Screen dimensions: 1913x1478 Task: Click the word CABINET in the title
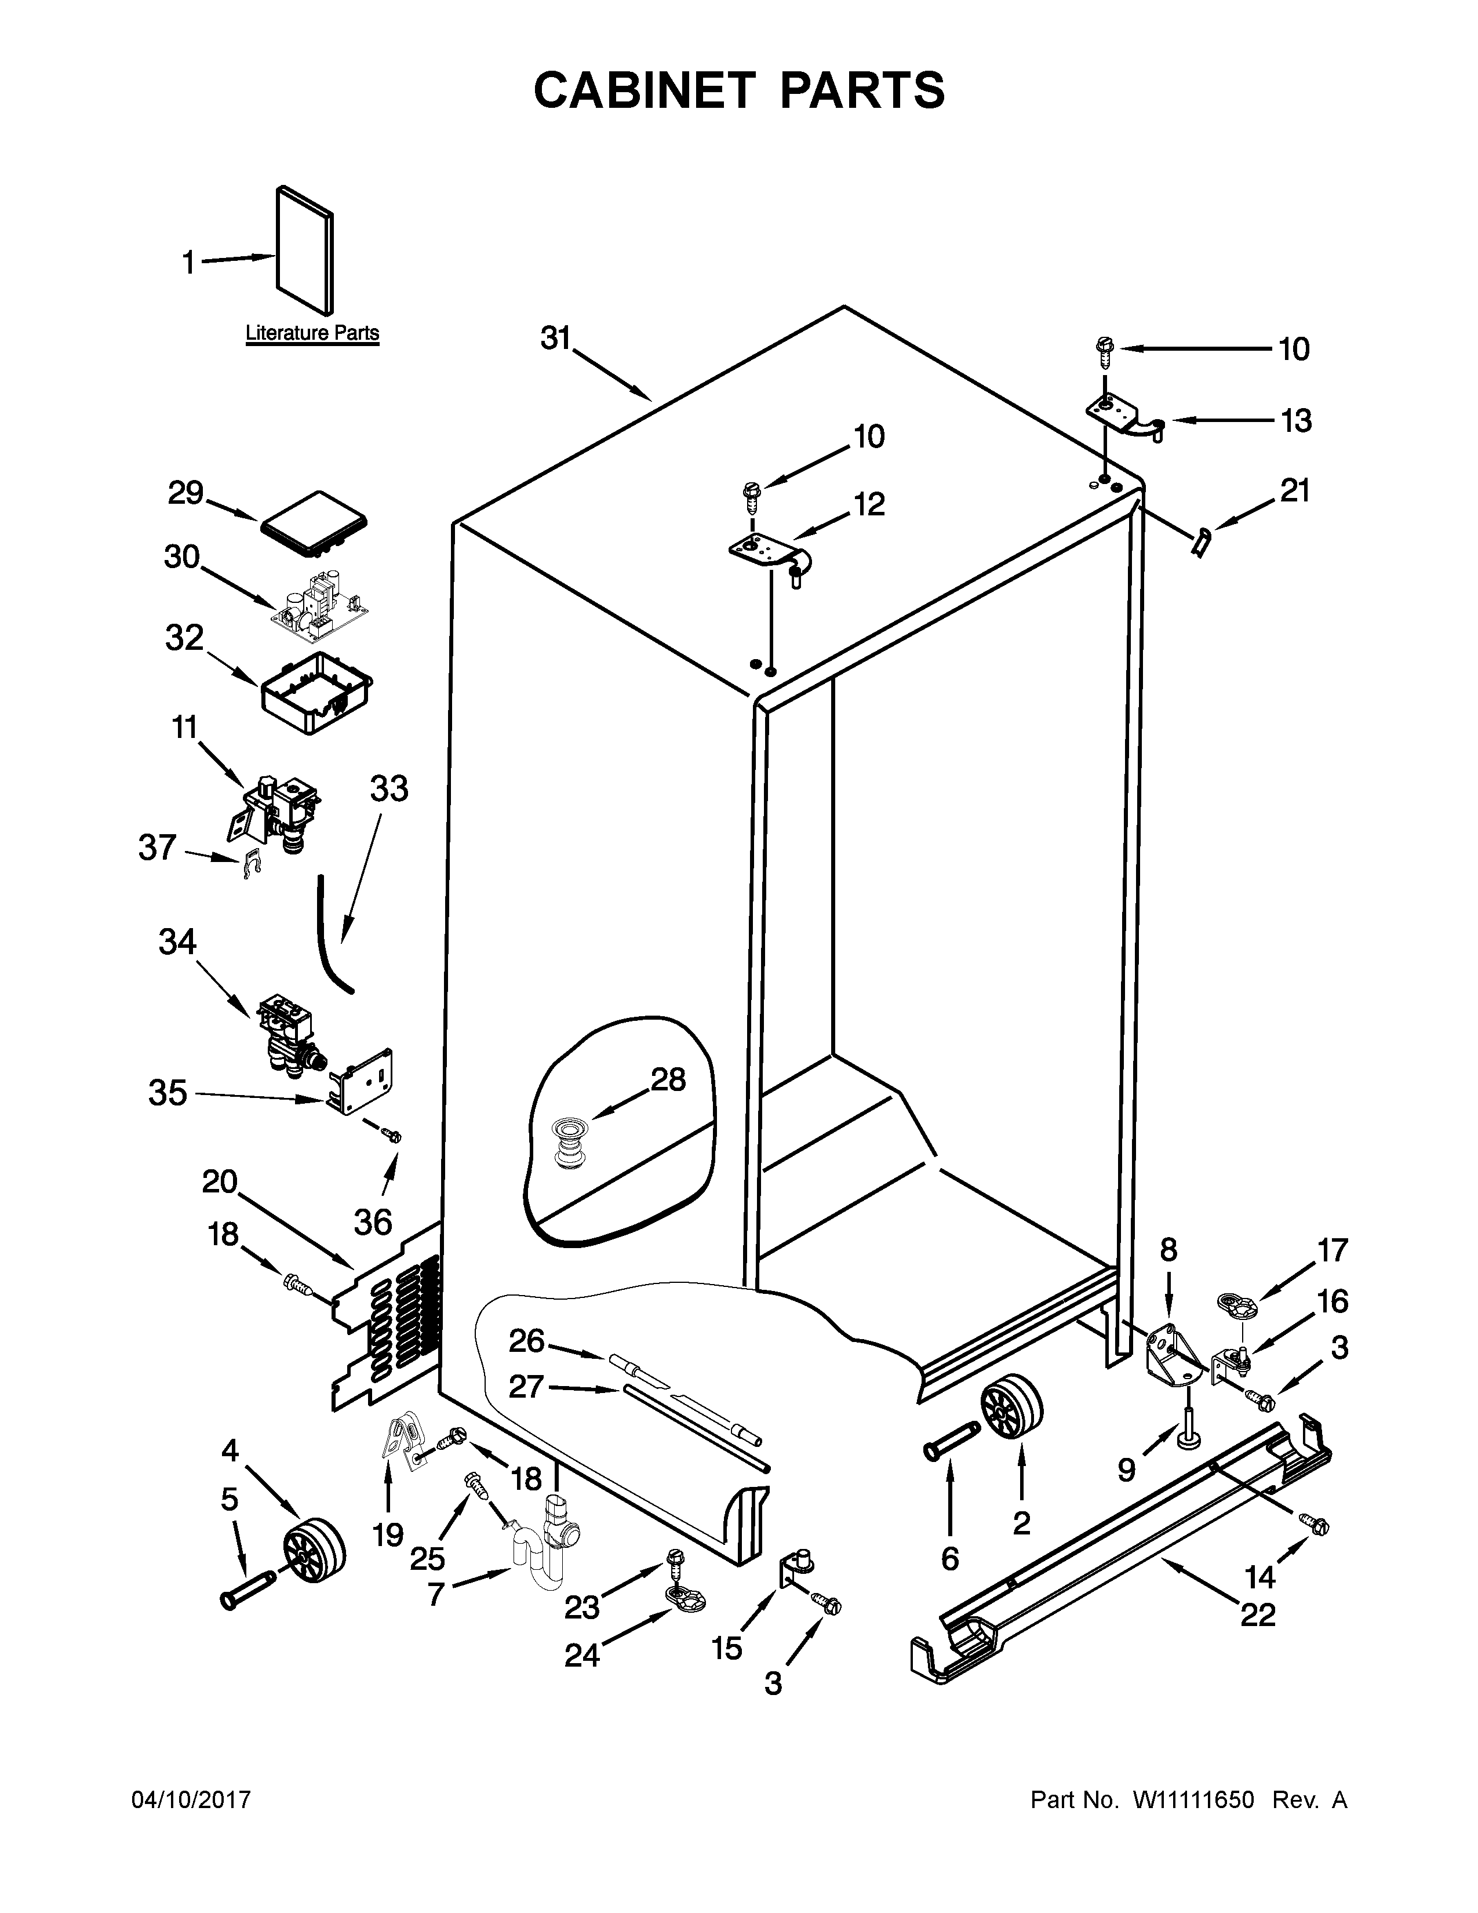645,90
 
